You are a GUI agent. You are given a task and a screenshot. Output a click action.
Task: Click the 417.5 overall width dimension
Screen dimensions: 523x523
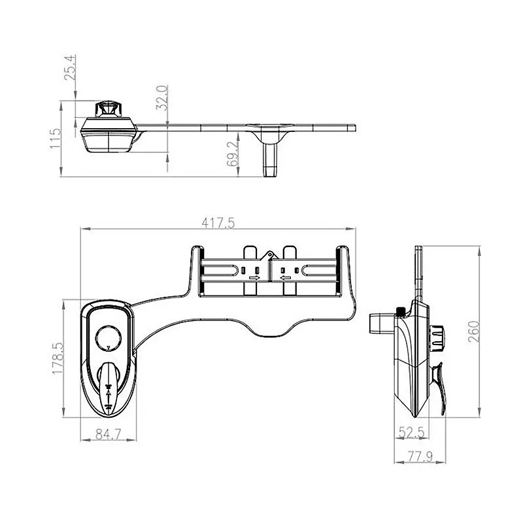[218, 223]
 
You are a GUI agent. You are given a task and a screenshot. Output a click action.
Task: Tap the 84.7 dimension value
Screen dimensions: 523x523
[109, 434]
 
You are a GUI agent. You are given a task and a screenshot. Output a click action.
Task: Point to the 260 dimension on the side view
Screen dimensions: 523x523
[473, 331]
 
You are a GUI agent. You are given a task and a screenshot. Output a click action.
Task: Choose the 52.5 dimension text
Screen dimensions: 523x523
[412, 433]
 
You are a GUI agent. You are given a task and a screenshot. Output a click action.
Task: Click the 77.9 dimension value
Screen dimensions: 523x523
[420, 456]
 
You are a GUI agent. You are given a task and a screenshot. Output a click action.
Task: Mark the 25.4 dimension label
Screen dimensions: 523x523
[71, 68]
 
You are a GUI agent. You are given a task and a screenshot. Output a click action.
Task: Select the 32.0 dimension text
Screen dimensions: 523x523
[161, 97]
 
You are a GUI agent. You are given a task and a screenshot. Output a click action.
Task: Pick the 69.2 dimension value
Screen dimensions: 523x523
[233, 154]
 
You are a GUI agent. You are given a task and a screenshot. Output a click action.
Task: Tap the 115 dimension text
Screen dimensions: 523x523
[56, 139]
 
